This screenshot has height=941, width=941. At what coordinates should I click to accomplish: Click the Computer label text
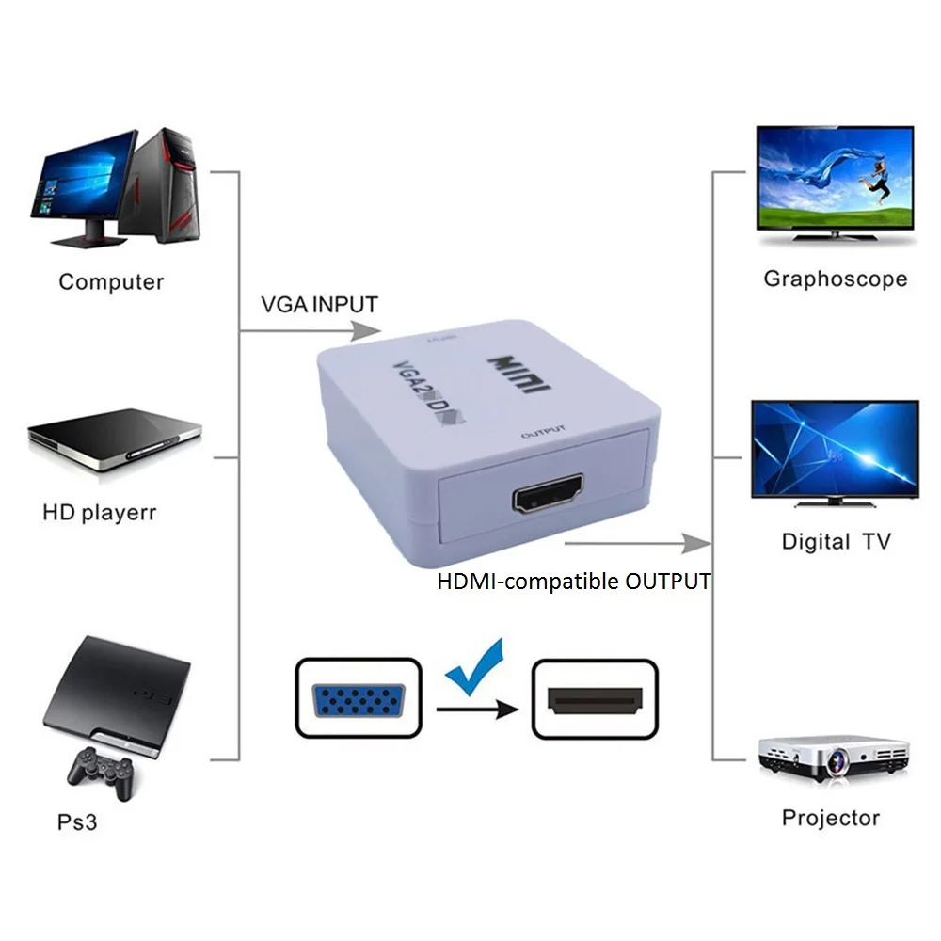click(111, 281)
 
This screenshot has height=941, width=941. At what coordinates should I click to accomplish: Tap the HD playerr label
click(99, 513)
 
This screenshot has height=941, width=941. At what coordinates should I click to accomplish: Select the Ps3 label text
click(77, 821)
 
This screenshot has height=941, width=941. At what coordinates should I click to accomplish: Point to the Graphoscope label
click(835, 279)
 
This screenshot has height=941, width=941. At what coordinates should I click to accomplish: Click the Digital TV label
click(836, 541)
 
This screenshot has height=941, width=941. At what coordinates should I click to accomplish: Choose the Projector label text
click(830, 818)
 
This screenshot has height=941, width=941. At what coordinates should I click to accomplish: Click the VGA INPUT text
click(318, 305)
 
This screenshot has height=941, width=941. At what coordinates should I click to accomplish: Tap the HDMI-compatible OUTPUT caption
click(573, 582)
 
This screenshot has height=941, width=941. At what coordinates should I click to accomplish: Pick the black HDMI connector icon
click(594, 699)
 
